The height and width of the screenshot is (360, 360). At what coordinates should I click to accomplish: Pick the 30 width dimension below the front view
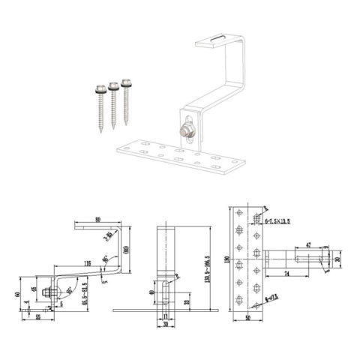166,325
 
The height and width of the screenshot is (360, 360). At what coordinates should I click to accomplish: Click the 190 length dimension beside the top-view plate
224,260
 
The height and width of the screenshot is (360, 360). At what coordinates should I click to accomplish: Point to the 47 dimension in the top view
310,244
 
